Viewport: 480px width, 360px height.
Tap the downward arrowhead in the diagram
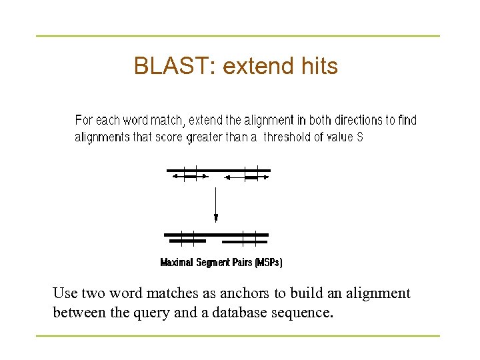[216, 217]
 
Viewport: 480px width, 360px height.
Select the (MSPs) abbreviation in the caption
[269, 263]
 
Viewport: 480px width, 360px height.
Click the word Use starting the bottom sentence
[65, 293]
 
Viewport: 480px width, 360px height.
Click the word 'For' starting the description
[84, 120]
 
